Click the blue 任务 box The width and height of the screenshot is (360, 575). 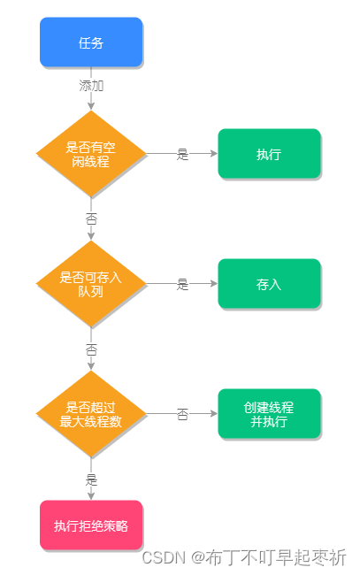pos(90,42)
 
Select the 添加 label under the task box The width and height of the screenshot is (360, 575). pos(91,87)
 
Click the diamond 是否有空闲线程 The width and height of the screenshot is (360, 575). pos(90,153)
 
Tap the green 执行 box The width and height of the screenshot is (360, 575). pos(269,154)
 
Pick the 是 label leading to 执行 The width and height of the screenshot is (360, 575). pos(182,154)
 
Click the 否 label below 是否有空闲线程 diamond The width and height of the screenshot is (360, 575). pos(91,218)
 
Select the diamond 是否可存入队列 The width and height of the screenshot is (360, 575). pos(90,284)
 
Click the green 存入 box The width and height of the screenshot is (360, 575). pos(269,284)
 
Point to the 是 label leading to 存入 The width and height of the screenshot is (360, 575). pos(182,284)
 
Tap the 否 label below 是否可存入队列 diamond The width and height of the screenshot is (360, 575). pos(91,349)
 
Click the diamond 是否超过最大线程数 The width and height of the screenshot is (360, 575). pos(90,414)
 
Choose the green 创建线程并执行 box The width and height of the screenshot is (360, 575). pos(269,414)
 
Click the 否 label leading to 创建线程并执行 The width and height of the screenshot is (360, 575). pos(182,414)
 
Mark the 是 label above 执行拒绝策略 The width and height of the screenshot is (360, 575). pos(91,479)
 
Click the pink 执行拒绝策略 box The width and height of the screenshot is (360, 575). pos(90,525)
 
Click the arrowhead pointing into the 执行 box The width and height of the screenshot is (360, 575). pos(213,153)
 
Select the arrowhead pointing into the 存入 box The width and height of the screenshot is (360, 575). pos(213,284)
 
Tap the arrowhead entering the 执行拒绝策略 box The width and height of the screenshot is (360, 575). pos(91,496)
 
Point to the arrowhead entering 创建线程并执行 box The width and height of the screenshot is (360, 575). pos(213,414)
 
